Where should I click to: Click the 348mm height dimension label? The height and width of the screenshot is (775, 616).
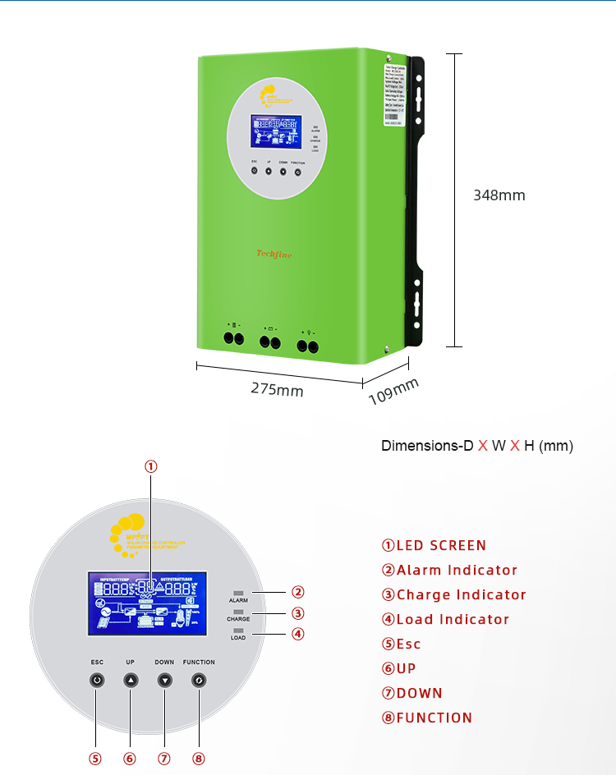click(499, 195)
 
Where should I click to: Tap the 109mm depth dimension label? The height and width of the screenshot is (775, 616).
click(393, 392)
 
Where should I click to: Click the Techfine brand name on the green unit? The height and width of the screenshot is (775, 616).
click(274, 255)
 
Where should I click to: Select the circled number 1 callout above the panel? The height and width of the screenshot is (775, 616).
click(151, 466)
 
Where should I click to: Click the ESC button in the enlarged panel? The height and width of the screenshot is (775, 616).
click(97, 680)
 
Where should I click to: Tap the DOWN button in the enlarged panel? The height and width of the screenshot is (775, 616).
click(165, 680)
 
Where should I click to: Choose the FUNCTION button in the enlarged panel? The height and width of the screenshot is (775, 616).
click(199, 680)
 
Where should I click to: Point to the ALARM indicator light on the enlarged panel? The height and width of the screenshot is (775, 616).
click(238, 592)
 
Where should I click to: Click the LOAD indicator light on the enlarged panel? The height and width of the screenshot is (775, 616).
click(238, 630)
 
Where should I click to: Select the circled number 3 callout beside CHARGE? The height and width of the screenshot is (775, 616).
click(298, 612)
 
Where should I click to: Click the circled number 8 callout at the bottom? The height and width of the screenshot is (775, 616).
click(199, 759)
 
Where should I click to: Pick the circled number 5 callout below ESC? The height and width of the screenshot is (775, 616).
click(96, 759)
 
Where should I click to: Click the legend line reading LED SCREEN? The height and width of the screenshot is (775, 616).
click(434, 545)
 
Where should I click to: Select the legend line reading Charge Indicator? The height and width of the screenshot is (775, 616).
click(453, 594)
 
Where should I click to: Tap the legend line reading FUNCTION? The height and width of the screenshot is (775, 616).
click(427, 718)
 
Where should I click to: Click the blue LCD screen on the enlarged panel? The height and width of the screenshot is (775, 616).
click(147, 603)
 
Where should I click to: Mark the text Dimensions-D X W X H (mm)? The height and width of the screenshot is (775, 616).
click(476, 446)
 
